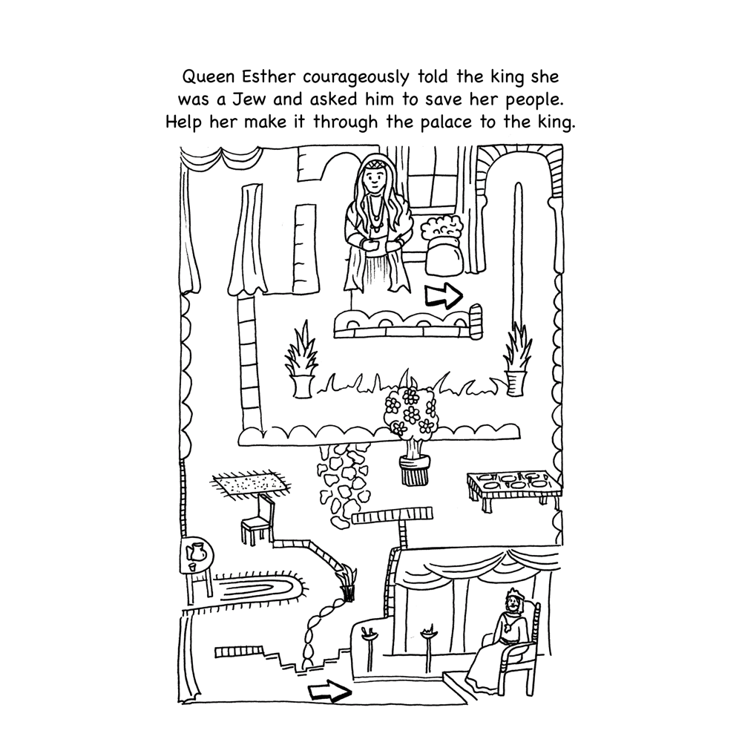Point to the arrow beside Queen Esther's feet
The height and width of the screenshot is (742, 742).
(x=443, y=297)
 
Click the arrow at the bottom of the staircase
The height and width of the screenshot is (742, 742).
(x=328, y=693)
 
